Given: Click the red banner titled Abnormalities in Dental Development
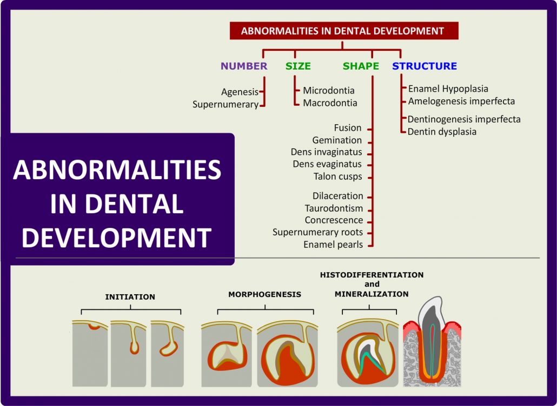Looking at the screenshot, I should (x=343, y=31).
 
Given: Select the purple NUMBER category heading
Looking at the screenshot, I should (x=244, y=66).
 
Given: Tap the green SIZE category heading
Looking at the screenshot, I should (x=298, y=66).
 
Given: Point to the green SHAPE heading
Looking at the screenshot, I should (x=361, y=66).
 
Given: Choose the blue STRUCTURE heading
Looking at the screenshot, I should (x=425, y=66).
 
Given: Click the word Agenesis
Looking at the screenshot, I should (x=240, y=92).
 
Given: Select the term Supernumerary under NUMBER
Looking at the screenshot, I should (x=225, y=105).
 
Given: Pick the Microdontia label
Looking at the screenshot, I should (x=329, y=91).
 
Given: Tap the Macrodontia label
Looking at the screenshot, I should (x=330, y=103).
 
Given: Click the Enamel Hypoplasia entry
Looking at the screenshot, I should (x=448, y=89).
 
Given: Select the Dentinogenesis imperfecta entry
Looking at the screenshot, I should (x=464, y=119).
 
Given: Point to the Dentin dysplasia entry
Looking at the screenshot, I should (x=442, y=131).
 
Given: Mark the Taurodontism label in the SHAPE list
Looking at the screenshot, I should (x=334, y=208).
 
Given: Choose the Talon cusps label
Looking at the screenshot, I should (x=337, y=177).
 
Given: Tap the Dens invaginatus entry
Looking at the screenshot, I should (x=326, y=152).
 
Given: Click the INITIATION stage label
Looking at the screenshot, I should (x=130, y=297).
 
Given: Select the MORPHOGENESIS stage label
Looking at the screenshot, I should (x=264, y=294).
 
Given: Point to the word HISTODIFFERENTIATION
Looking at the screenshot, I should (x=372, y=275).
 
